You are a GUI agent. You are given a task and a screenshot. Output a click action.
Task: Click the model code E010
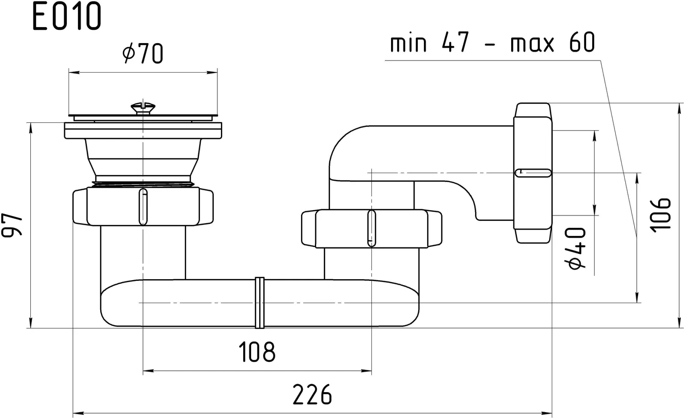tap(67, 17)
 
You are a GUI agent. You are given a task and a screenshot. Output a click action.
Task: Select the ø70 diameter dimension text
tap(142, 53)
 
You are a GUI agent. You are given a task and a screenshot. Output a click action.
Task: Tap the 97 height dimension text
tap(13, 225)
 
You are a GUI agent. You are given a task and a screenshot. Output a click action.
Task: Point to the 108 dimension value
tap(257, 352)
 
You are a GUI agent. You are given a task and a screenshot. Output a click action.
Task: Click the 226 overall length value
tap(312, 394)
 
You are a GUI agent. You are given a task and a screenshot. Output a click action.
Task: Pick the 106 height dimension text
tap(660, 214)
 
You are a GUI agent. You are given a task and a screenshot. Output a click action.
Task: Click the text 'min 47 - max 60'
tap(492, 43)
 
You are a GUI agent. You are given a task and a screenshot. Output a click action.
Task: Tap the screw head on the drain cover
tap(143, 107)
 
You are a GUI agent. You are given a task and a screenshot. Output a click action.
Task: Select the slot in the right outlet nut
tap(533, 173)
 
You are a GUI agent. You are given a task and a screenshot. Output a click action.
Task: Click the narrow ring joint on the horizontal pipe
tap(259, 303)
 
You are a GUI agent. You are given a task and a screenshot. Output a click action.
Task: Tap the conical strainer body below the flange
tap(142, 160)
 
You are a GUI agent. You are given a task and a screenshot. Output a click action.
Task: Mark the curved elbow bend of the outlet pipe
tap(345, 142)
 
